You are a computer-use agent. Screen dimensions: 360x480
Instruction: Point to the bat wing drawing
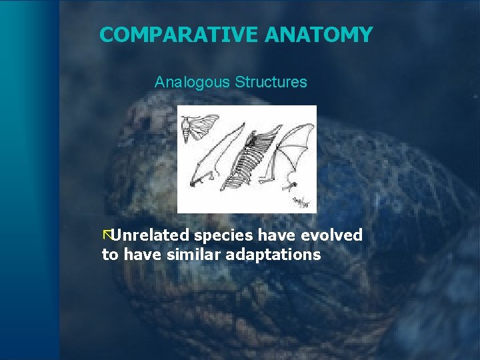click(293, 150)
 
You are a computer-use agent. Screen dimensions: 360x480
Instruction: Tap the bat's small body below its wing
click(291, 181)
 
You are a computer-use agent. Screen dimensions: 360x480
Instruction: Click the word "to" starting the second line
click(109, 255)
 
